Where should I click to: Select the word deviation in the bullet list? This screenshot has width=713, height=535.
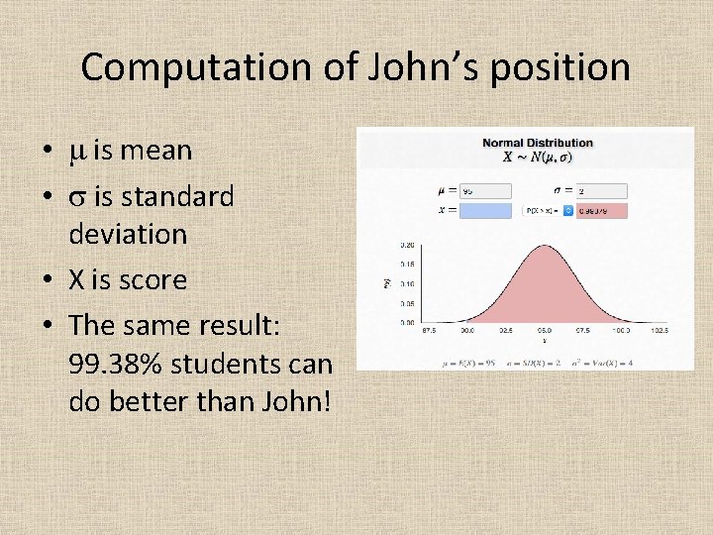click(128, 234)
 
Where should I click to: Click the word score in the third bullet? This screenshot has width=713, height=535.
click(152, 279)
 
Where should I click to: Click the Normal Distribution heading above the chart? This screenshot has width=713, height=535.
click(537, 143)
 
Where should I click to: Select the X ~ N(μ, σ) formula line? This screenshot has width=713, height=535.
click(537, 157)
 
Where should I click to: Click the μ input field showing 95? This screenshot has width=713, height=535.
click(485, 190)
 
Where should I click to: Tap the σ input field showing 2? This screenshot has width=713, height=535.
click(600, 190)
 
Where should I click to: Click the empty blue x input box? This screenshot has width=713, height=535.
click(485, 210)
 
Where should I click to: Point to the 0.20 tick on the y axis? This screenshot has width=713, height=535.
click(407, 244)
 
